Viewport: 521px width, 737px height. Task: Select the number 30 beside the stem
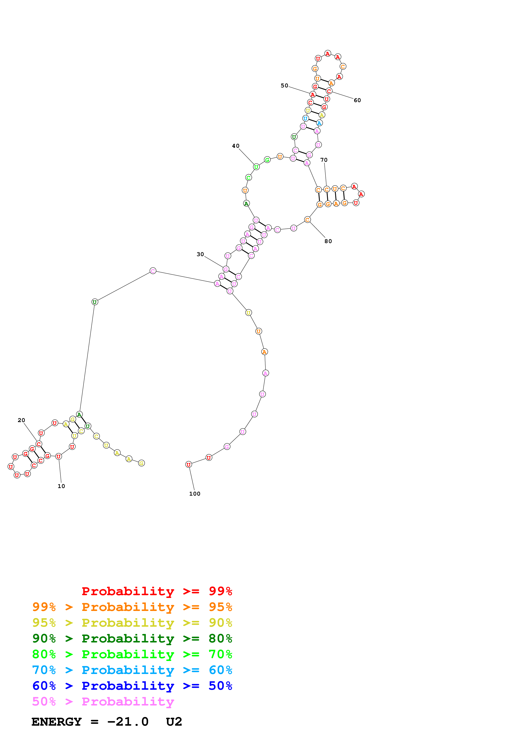pyautogui.click(x=200, y=254)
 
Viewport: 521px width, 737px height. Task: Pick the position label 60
pyautogui.click(x=357, y=100)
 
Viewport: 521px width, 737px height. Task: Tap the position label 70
pyautogui.click(x=324, y=160)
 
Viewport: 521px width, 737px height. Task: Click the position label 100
pyautogui.click(x=195, y=494)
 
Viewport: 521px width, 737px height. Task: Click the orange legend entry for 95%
pyautogui.click(x=132, y=607)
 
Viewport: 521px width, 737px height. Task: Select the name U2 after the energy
pyautogui.click(x=174, y=722)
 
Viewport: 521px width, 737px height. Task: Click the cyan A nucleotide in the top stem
pyautogui.click(x=319, y=123)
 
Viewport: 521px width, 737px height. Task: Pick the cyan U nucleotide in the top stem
pyautogui.click(x=305, y=118)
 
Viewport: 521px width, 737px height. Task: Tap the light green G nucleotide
pyautogui.click(x=267, y=160)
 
